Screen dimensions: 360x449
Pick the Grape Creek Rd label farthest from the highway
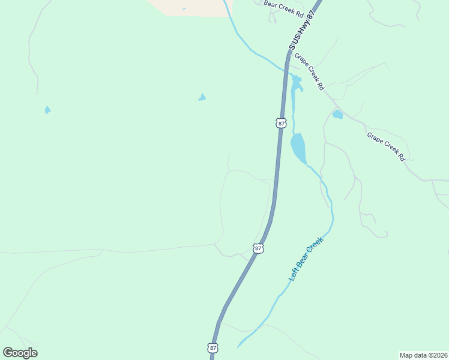[x=387, y=146]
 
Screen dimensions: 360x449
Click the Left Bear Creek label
[x=306, y=259]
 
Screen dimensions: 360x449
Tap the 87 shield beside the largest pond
[x=282, y=122]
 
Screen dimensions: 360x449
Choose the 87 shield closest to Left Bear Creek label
[x=258, y=248]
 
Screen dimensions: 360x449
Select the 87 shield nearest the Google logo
[x=213, y=347]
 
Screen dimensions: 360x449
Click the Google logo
[x=20, y=353]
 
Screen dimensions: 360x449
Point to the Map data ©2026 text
[x=423, y=355]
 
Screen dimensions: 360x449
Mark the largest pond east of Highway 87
[x=298, y=148]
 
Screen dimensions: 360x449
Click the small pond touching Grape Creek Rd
[x=337, y=114]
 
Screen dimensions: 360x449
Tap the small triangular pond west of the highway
[x=202, y=97]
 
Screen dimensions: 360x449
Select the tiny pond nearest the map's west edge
[x=47, y=110]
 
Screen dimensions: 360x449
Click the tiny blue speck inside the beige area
[x=184, y=8]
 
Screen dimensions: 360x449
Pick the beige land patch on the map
[x=186, y=6]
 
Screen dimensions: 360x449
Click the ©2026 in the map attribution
[x=435, y=355]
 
